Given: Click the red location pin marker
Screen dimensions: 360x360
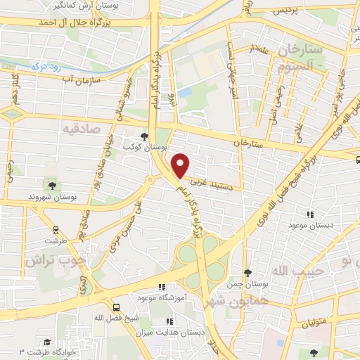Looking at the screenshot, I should [x=181, y=165].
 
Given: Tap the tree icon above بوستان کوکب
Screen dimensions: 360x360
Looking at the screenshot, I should [x=144, y=136].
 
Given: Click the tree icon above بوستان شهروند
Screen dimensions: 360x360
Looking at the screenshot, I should [x=51, y=185].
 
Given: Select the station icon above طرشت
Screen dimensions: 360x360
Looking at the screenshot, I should [x=55, y=229].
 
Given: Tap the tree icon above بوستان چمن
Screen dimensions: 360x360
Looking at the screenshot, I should [x=247, y=272].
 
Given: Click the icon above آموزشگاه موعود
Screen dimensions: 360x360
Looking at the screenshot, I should [x=160, y=287].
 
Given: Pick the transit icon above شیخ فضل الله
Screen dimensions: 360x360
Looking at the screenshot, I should [x=115, y=307].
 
